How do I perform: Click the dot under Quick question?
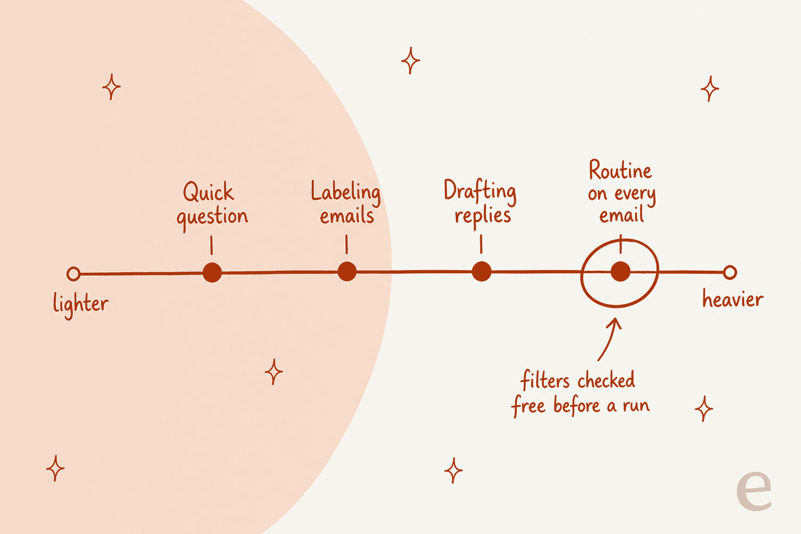[x=212, y=273]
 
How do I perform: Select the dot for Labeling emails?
[x=347, y=272]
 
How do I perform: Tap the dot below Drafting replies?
[x=482, y=272]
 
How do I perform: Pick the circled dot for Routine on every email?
[x=621, y=272]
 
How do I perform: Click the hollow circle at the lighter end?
[x=74, y=274]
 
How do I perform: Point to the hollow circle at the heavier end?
[x=730, y=273]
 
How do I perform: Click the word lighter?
[x=80, y=305]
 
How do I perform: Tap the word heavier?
[x=733, y=299]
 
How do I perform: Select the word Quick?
[x=209, y=191]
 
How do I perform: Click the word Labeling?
[x=345, y=192]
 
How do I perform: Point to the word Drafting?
[x=480, y=192]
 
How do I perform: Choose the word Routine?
[x=620, y=170]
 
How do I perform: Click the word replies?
[x=483, y=217]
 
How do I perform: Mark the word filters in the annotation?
[x=545, y=380]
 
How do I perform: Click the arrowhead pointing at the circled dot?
[x=615, y=322]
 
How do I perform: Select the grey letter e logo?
[x=754, y=490]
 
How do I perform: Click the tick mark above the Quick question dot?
[x=212, y=245]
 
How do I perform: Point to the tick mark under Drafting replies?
[x=481, y=244]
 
